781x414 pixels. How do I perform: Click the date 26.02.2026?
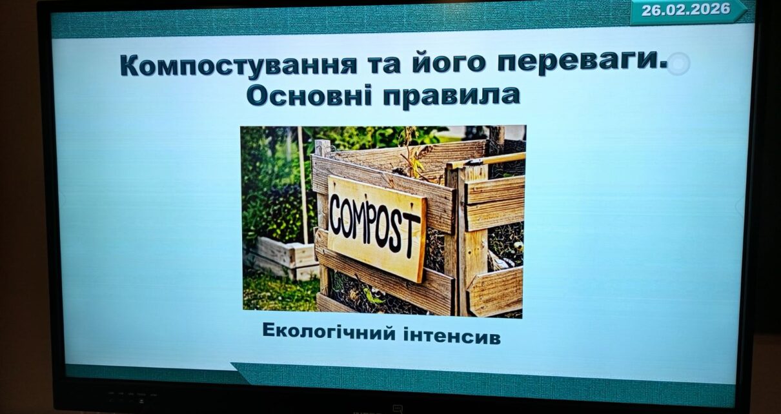click(685, 10)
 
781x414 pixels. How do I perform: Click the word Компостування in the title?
click(238, 65)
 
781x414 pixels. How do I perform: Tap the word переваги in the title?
click(582, 64)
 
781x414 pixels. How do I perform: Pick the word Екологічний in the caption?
click(329, 331)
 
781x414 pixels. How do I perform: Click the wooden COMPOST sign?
click(376, 228)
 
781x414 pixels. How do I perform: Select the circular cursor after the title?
click(678, 64)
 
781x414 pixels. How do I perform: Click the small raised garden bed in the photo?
click(281, 257)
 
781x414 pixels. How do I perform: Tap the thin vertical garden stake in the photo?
click(303, 185)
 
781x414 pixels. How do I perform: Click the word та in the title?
click(385, 65)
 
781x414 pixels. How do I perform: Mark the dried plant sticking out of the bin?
click(413, 153)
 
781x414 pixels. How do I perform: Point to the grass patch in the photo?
click(279, 292)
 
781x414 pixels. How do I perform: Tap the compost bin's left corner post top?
click(323, 144)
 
